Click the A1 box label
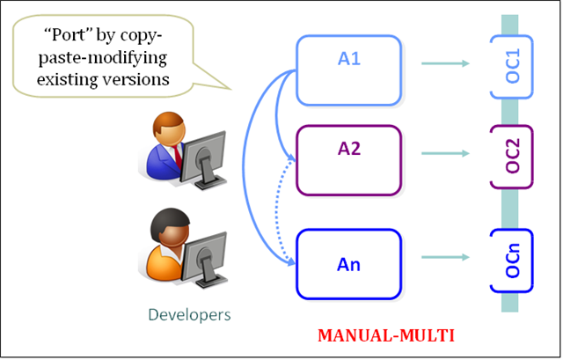pyautogui.click(x=349, y=59)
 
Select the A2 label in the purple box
pyautogui.click(x=349, y=149)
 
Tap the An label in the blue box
pyautogui.click(x=348, y=265)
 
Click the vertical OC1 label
pyautogui.click(x=512, y=66)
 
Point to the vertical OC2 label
pyautogui.click(x=512, y=156)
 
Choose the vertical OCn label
pyautogui.click(x=512, y=261)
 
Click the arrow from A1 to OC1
pyautogui.click(x=446, y=63)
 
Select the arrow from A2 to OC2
pyautogui.click(x=446, y=153)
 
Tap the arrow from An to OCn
pyautogui.click(x=446, y=257)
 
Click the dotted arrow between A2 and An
pyautogui.click(x=277, y=212)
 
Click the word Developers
pyautogui.click(x=189, y=315)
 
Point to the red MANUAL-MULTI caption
pyautogui.click(x=386, y=335)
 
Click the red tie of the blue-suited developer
pyautogui.click(x=178, y=157)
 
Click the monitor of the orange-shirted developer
pyautogui.click(x=205, y=260)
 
